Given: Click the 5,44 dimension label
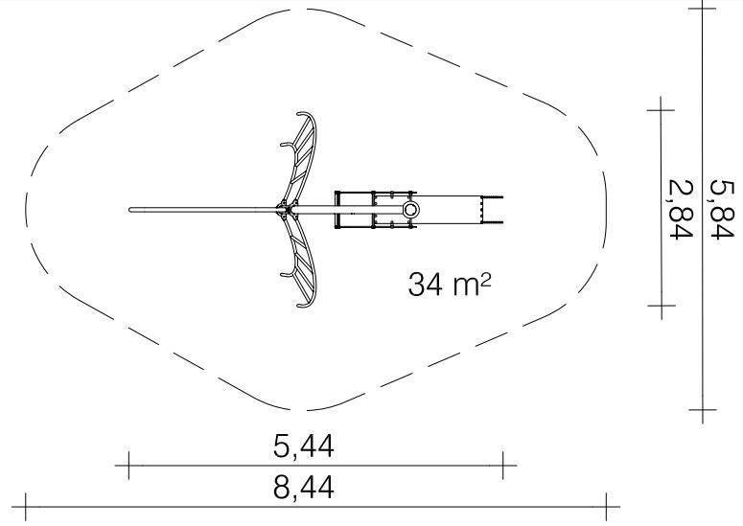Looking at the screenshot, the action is click(304, 446).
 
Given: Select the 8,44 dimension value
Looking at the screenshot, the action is click(304, 487).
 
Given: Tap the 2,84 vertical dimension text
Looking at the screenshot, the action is click(681, 210).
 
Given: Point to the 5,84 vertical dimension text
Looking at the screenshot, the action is click(721, 210).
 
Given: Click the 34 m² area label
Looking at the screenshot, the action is click(450, 284).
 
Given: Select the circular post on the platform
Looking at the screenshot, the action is click(410, 209).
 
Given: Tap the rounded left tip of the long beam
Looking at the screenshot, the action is click(130, 210).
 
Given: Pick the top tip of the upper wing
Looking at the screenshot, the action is click(299, 114).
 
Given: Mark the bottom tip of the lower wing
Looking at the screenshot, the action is click(299, 306).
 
